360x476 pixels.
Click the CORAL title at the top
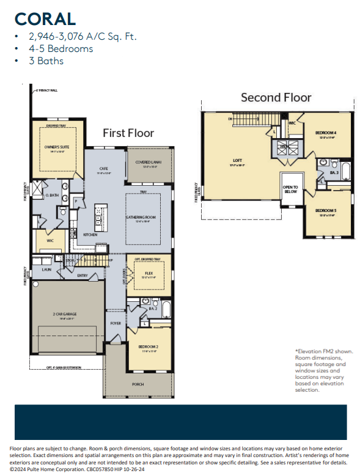(x=45, y=18)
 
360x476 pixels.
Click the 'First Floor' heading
(x=128, y=133)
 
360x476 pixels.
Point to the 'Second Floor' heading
(x=276, y=97)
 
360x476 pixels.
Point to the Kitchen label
(x=90, y=235)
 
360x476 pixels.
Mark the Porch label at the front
(x=138, y=384)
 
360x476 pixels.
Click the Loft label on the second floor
(x=237, y=160)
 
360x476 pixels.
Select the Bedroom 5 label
(x=325, y=211)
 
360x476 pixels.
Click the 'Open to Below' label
(x=290, y=190)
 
